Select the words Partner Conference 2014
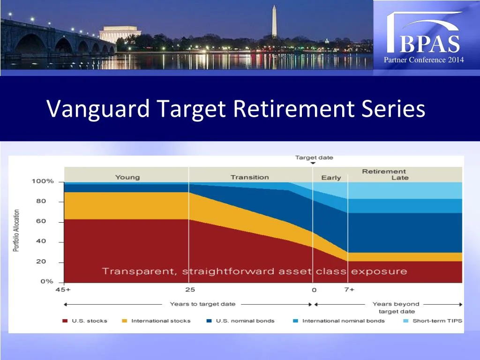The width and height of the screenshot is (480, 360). point(424,60)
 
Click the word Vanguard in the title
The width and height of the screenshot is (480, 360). point(98,109)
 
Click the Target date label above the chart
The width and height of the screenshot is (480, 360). point(314,157)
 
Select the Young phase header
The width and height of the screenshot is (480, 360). point(127,177)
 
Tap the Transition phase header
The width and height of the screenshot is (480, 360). point(249,177)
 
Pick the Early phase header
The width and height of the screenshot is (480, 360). point(331,178)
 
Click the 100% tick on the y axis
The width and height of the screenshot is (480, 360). point(43,181)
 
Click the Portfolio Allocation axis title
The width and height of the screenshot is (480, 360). point(16,230)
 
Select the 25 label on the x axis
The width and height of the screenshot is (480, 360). point(189,290)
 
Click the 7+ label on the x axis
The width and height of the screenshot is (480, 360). point(349,290)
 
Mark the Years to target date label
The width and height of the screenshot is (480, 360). point(202,304)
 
